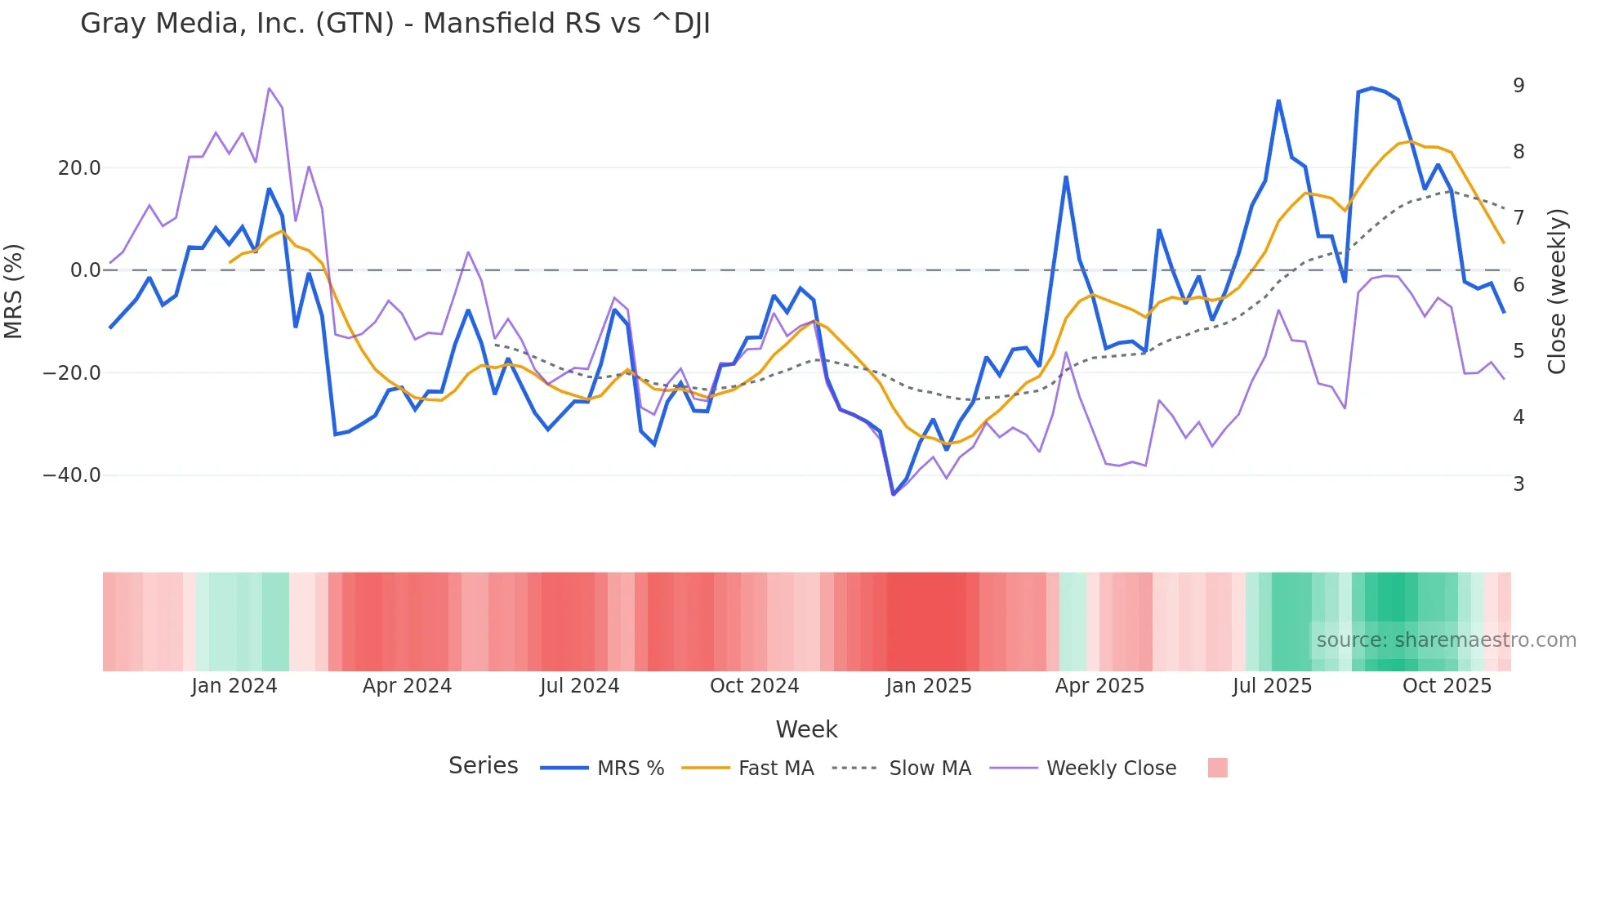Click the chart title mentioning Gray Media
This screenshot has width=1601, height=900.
point(395,24)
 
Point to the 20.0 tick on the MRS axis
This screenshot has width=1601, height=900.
point(79,168)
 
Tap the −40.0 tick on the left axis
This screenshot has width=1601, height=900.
point(72,475)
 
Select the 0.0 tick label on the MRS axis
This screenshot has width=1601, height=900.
point(86,270)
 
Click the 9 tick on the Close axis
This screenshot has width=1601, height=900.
point(1518,85)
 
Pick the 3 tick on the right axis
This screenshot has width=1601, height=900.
point(1518,483)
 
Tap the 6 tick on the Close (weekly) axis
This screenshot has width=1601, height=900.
point(1518,284)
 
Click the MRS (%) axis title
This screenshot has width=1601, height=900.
point(14,291)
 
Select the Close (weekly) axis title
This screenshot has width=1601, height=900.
point(1557,291)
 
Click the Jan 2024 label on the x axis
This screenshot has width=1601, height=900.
point(234,686)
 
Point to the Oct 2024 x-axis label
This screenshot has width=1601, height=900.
point(754,686)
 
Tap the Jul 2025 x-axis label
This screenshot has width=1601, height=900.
point(1272,686)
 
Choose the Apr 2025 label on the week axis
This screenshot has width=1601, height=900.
point(1099,686)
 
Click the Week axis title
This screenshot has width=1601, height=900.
point(806,729)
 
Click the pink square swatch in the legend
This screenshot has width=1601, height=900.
point(1217,768)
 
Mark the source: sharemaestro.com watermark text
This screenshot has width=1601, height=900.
point(1446,640)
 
